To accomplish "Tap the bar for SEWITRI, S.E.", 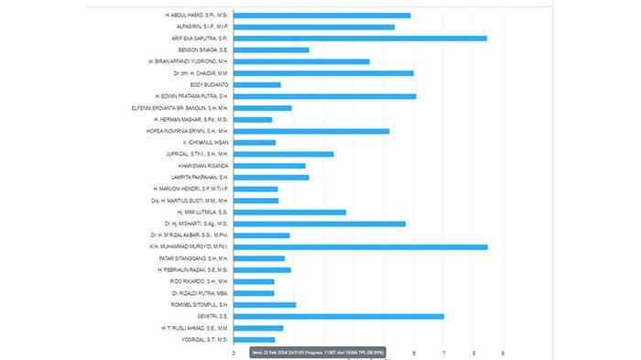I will tap(339, 316).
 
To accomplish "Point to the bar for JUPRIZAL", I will tap(283, 154).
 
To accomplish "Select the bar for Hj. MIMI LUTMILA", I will tap(289, 212).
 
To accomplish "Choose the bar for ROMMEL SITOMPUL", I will tap(265, 304).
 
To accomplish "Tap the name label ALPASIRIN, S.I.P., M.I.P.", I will tap(192, 27).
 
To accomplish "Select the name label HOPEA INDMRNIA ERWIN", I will tap(190, 131).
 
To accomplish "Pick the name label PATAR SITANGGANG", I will tap(193, 258).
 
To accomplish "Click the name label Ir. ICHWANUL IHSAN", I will tap(205, 142).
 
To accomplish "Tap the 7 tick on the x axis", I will tap(443, 353).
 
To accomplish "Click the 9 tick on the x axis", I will tap(503, 353).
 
